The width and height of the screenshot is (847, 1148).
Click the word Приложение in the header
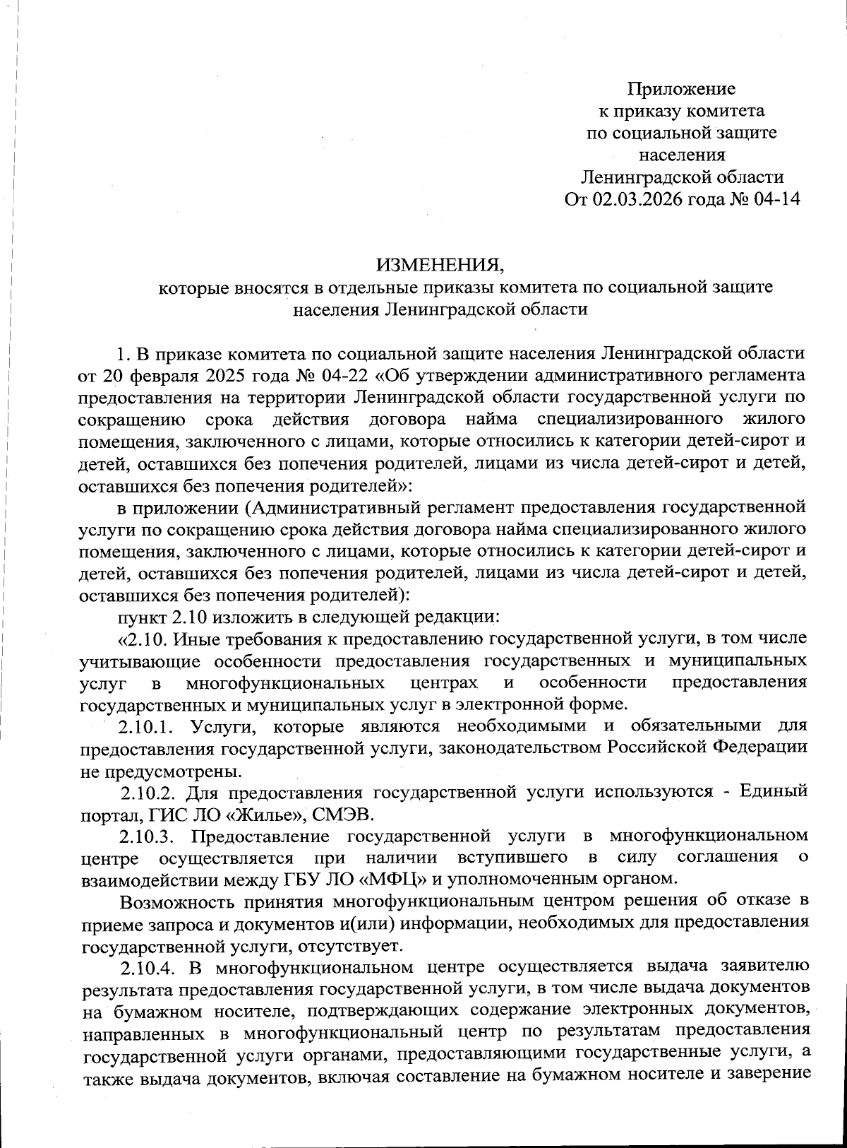pyautogui.click(x=681, y=89)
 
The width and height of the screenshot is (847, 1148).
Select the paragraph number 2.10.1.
pyautogui.click(x=145, y=726)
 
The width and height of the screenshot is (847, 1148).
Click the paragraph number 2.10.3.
pyautogui.click(x=146, y=836)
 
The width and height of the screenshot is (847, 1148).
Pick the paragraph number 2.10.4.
pyautogui.click(x=147, y=966)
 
